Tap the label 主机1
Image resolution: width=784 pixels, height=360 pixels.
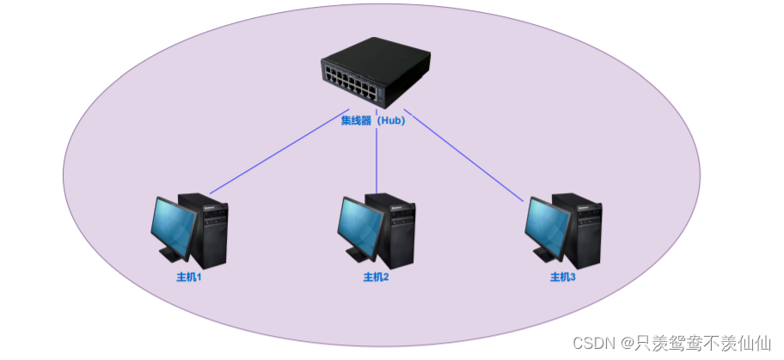189,278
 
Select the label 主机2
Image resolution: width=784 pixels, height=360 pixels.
377,278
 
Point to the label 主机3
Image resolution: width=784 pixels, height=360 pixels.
563,278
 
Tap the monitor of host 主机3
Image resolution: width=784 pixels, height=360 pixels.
547,225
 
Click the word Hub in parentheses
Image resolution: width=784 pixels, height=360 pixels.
391,121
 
